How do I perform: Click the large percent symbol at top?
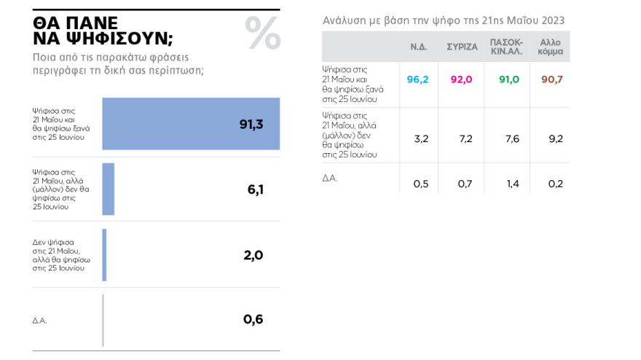pyautogui.click(x=262, y=34)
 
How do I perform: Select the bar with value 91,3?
pyautogui.click(x=191, y=124)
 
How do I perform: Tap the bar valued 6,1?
pyautogui.click(x=108, y=189)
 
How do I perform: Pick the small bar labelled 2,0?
pyautogui.click(x=104, y=255)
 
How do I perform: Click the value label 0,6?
pyautogui.click(x=253, y=319)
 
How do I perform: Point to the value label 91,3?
pyautogui.click(x=251, y=124)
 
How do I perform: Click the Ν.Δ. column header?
pyautogui.click(x=418, y=47)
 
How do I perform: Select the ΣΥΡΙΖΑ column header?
pyautogui.click(x=462, y=47)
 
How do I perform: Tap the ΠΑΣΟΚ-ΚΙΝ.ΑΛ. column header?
pyautogui.click(x=507, y=47)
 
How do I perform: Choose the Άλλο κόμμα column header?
pyautogui.click(x=551, y=47)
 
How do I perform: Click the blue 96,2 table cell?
pyautogui.click(x=418, y=79)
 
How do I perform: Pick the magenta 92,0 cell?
pyautogui.click(x=462, y=79)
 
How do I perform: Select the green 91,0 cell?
pyautogui.click(x=508, y=79)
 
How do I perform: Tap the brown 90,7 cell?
pyautogui.click(x=552, y=79)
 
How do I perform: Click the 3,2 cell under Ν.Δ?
pyautogui.click(x=421, y=138)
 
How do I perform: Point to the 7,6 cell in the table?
pyautogui.click(x=512, y=138)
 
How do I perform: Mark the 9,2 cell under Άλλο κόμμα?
pyautogui.click(x=555, y=138)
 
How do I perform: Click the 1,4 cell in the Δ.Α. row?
pyautogui.click(x=512, y=184)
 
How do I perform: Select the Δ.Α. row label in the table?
pyautogui.click(x=331, y=177)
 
